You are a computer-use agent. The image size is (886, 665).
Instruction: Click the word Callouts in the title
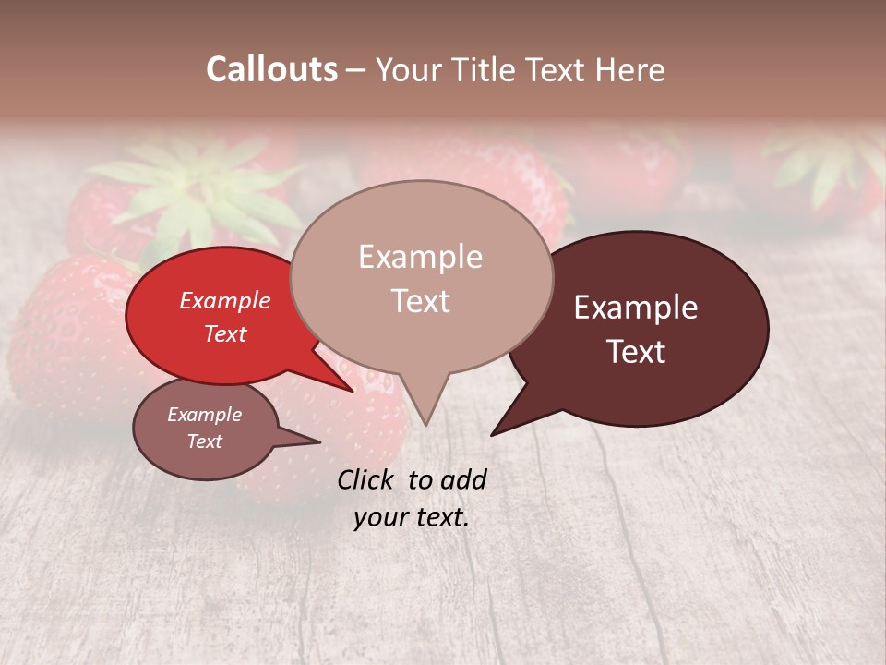coord(271,69)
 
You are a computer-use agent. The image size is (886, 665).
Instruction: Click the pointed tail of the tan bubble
coord(424,411)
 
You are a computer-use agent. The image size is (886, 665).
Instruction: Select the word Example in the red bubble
coord(224,300)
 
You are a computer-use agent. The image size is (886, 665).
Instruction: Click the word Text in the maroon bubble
coord(637,352)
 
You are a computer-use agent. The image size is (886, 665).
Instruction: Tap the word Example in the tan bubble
coord(420,257)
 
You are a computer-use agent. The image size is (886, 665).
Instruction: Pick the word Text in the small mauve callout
coord(205,441)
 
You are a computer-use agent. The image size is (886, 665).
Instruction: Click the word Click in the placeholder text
coord(367,479)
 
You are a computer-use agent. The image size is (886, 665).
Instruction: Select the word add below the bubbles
coord(463,479)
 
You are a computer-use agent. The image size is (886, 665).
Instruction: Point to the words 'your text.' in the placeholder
coord(412,517)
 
